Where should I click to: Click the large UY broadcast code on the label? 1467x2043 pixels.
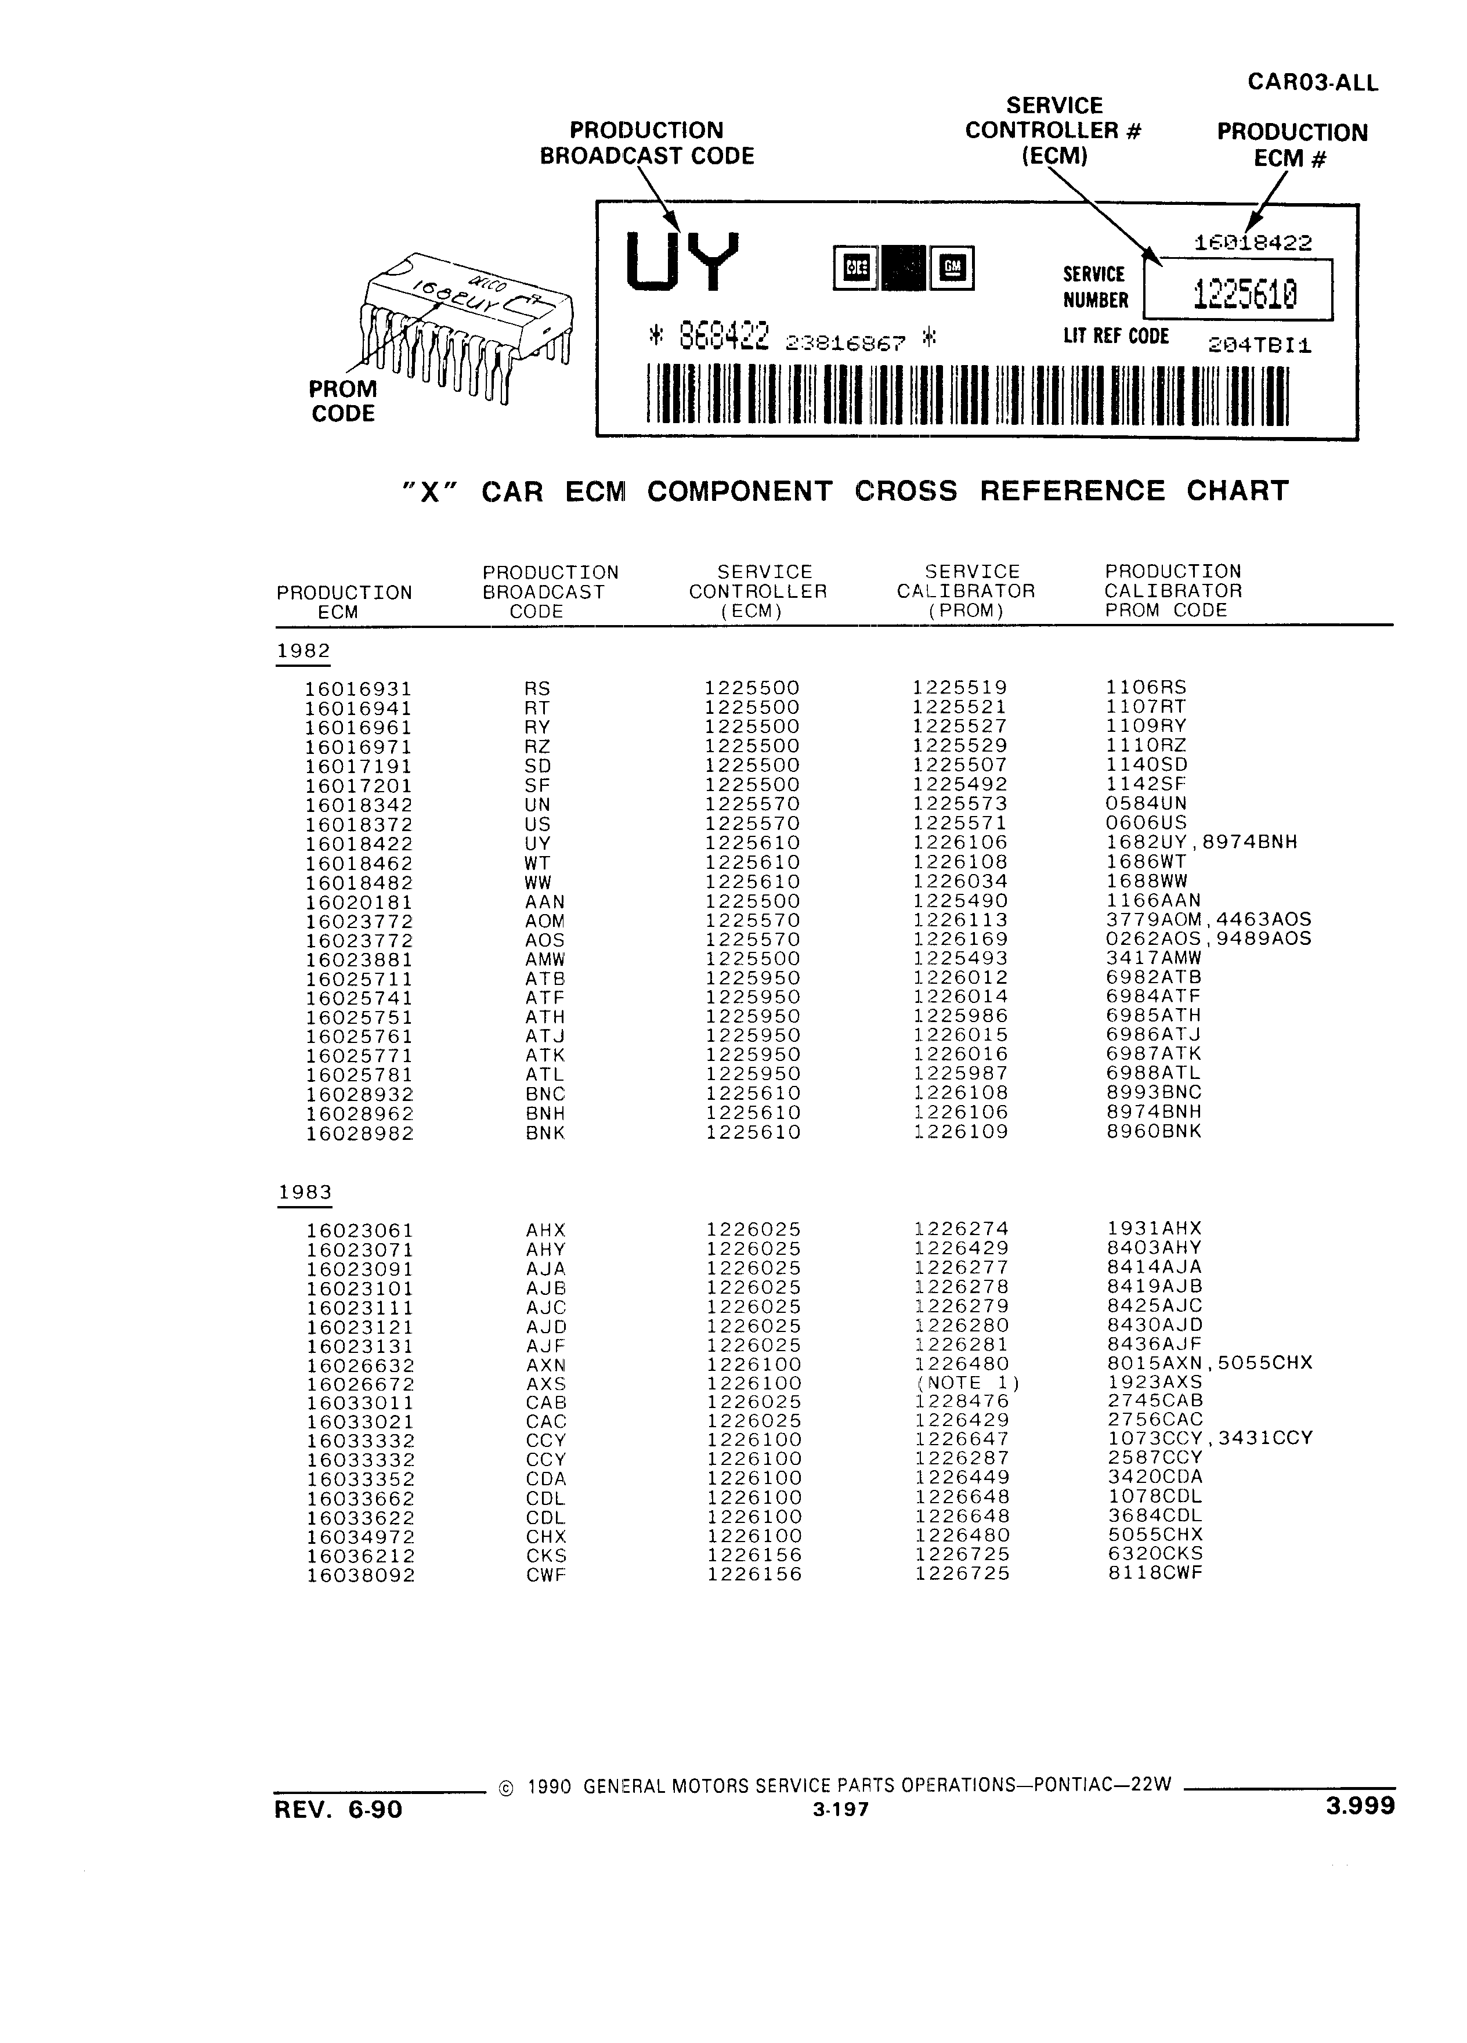682,262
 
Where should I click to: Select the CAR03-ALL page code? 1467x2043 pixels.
1312,83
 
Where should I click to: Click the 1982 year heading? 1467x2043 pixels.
303,651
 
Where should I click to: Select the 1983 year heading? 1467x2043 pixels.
305,1192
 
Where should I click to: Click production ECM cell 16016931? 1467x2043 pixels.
359,689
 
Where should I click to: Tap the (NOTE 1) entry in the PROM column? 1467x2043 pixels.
968,1383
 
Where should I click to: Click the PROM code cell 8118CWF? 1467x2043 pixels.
1155,1573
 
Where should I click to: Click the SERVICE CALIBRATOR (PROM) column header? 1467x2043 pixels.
966,591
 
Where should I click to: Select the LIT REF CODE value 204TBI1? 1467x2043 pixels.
1260,346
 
